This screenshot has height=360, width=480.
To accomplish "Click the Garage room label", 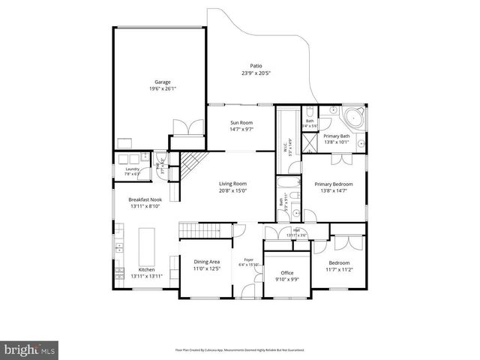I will coord(163,82).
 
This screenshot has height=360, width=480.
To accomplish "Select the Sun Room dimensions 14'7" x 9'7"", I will coord(241,129).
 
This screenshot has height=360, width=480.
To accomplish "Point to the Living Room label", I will coord(232,184).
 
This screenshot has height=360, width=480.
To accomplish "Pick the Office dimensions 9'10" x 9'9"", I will coord(286,279).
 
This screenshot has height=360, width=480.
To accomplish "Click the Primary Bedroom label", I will coord(333,184).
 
